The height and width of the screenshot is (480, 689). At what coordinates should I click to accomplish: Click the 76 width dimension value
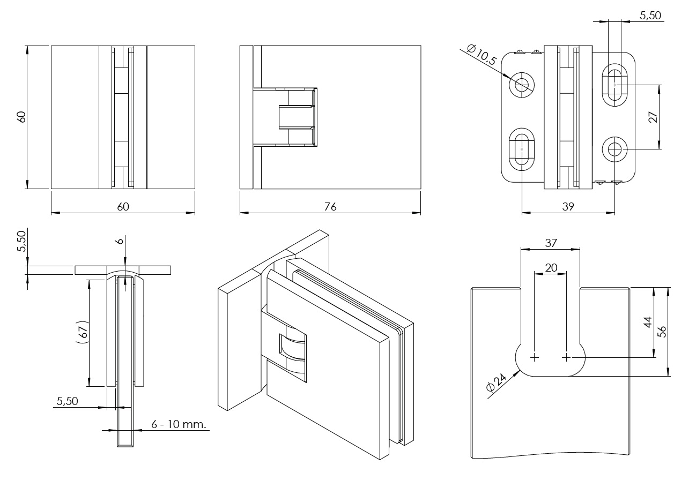coord(330,207)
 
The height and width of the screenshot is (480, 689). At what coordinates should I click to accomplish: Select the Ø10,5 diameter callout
coord(481,55)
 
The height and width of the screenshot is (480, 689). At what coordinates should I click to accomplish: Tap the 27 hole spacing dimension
coord(653,117)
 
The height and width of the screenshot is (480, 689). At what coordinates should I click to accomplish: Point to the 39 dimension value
coord(568,207)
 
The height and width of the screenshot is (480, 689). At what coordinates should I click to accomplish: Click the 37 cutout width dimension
coord(551,243)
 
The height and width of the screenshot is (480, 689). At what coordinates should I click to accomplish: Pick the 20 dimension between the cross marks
coord(551,267)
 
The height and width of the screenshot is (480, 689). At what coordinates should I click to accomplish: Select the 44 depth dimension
coord(648,322)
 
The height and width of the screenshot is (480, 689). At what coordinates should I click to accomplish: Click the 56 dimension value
coord(662,331)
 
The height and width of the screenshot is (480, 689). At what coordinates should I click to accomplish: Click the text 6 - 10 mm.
coord(179,424)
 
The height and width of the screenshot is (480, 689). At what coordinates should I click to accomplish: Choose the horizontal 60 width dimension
coord(123,207)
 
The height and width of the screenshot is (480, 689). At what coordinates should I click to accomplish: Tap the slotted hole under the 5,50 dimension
coord(614,85)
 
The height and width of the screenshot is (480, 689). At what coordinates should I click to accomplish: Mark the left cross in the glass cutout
coord(535,357)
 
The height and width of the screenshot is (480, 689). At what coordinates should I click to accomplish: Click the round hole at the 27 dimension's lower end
coord(614,149)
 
